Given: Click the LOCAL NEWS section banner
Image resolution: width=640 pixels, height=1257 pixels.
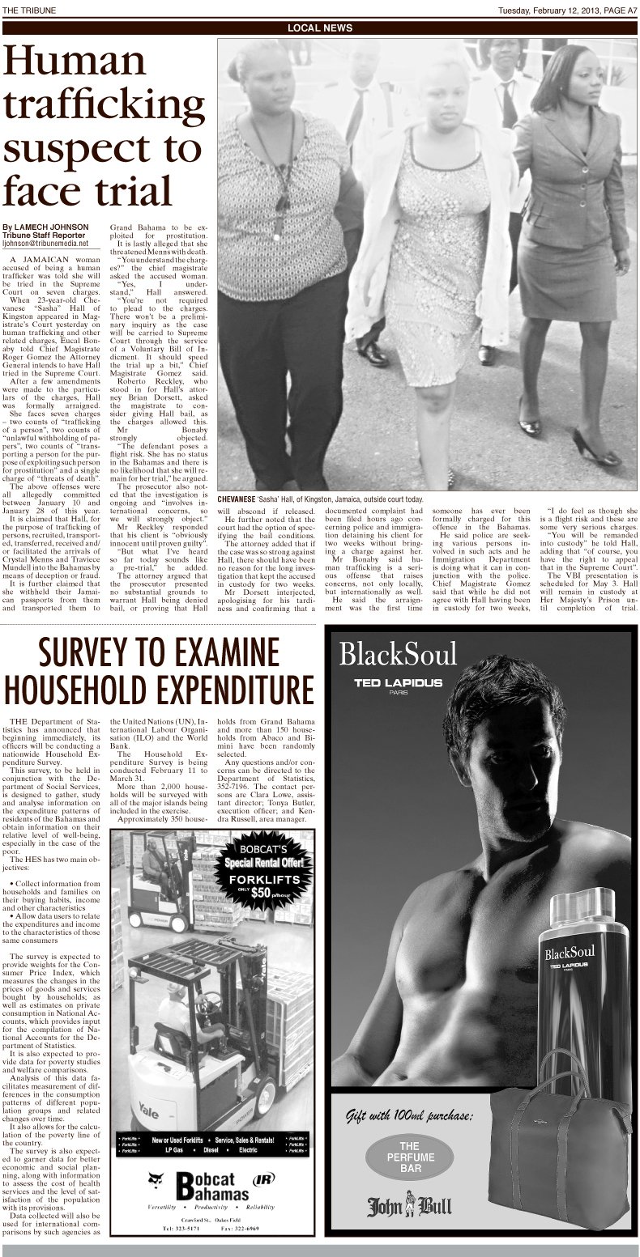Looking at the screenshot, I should pos(320,28).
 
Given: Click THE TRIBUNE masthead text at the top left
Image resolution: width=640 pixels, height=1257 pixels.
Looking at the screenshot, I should pos(26,9).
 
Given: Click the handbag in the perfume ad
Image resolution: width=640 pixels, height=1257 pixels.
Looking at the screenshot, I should pos(559,1149).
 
